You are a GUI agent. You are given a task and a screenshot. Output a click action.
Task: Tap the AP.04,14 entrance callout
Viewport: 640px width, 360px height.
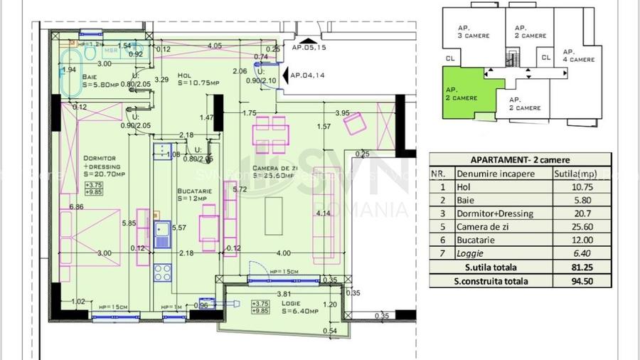(x=307, y=75)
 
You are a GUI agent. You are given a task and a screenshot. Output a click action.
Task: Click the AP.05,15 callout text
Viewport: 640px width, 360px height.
(x=309, y=48)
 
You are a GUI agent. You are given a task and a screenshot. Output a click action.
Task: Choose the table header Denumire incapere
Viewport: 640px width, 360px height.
(x=495, y=173)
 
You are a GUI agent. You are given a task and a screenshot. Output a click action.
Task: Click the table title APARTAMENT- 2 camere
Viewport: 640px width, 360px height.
(x=520, y=160)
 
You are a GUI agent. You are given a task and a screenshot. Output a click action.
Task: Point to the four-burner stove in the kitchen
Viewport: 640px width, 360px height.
(x=163, y=272)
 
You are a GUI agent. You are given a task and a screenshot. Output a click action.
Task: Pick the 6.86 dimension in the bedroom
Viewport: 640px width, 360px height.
(x=76, y=206)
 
